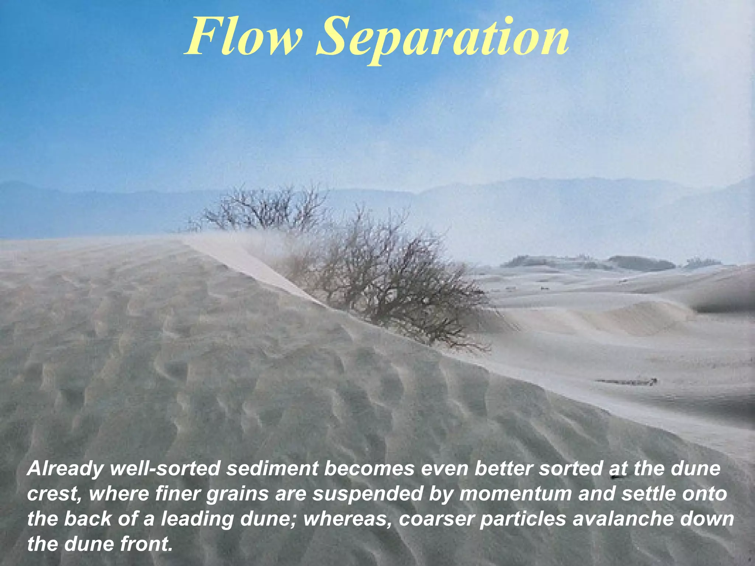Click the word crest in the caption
coord(54,494)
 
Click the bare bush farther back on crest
coord(265,210)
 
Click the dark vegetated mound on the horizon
coord(641,263)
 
